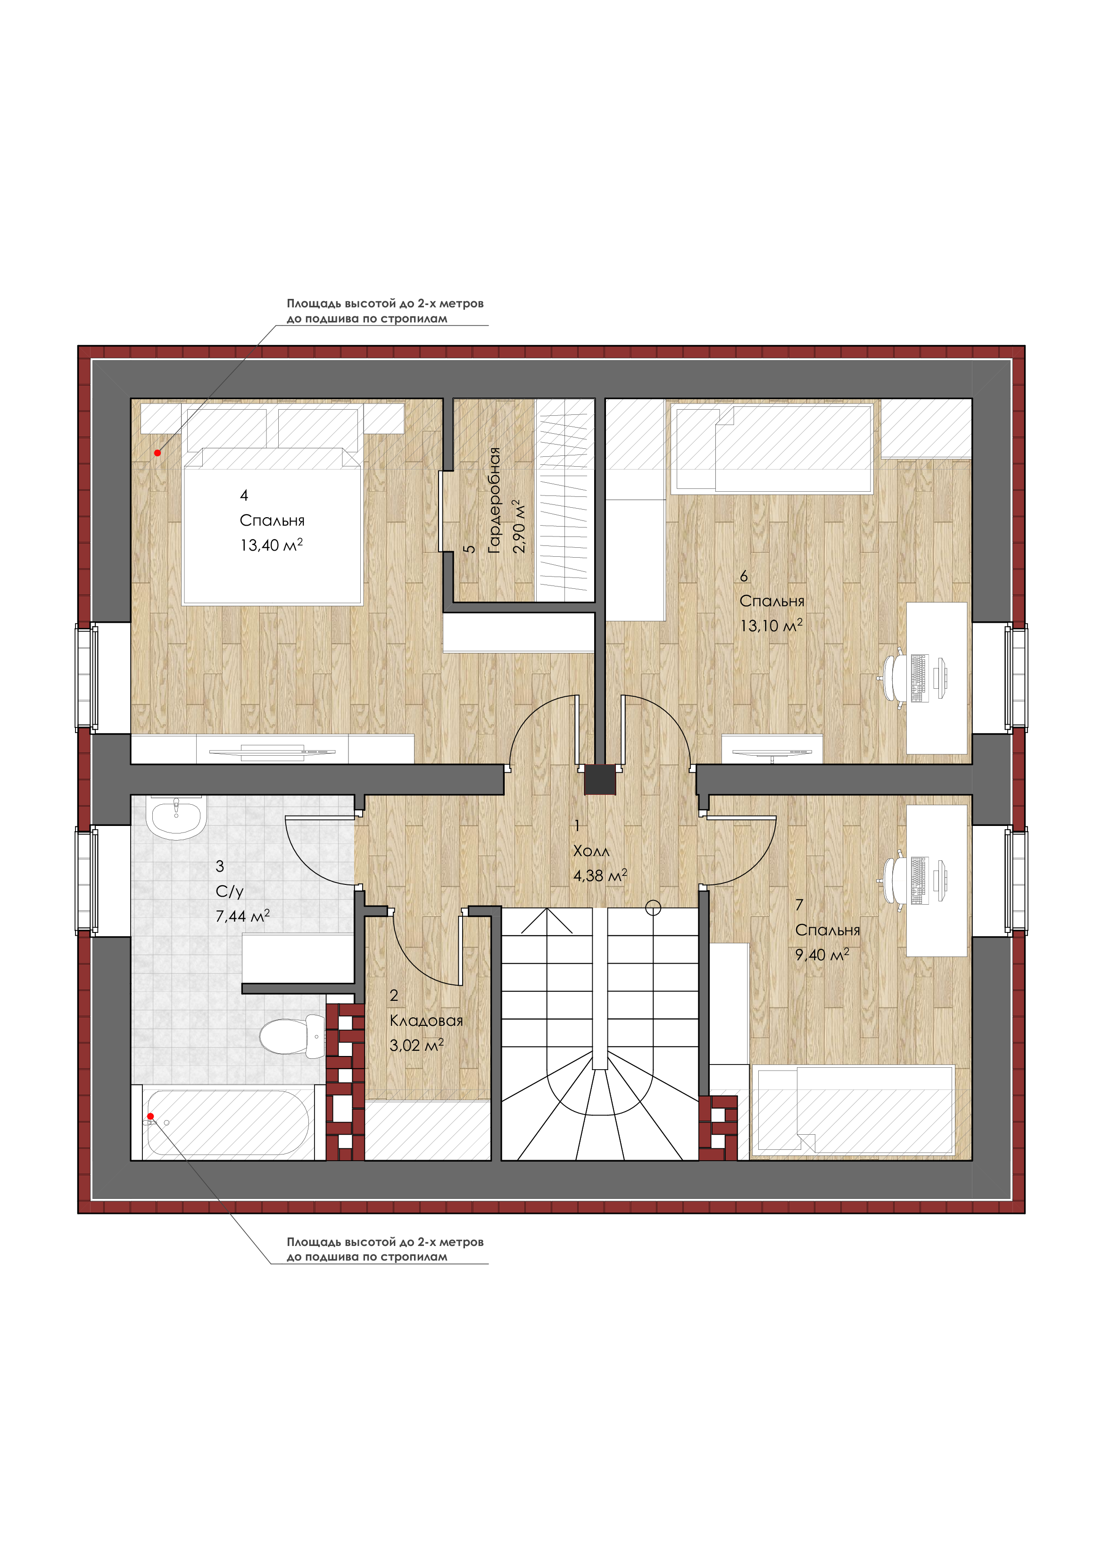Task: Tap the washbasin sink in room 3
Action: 176,817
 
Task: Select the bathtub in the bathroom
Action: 228,1123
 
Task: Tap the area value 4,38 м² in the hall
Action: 600,875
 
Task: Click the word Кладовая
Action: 426,1021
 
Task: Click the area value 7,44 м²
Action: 242,916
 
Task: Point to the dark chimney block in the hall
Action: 600,780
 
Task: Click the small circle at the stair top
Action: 653,908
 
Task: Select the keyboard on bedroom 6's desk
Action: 919,677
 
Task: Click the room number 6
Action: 744,576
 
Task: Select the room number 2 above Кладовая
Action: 394,996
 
